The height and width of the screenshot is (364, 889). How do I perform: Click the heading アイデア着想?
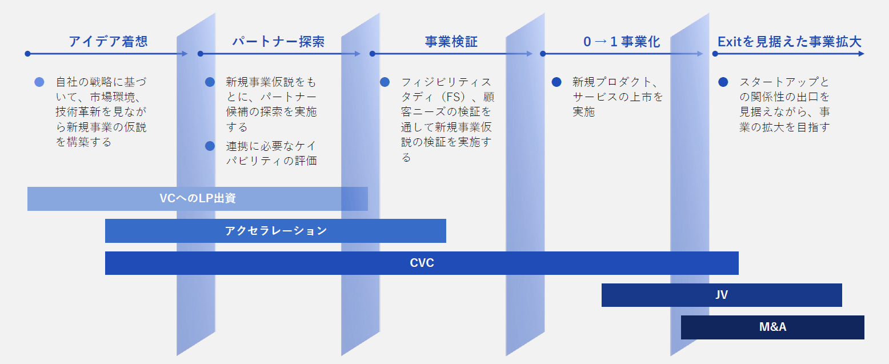pos(108,41)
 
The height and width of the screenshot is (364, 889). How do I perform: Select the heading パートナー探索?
pos(278,41)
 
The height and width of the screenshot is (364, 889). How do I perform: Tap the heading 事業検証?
pos(451,41)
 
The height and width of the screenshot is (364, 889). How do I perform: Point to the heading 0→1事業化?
pos(622,41)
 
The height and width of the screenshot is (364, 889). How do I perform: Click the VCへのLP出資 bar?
pos(198,199)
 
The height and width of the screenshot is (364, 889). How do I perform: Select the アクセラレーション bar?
pos(275,231)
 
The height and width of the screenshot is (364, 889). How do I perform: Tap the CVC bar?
pos(422,263)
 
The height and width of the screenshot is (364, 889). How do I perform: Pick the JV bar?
pos(722,295)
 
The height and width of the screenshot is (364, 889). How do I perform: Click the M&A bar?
pos(772,327)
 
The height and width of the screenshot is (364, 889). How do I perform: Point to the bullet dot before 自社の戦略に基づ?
pos(39,82)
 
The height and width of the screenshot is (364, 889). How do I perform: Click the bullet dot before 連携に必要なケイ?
pos(210,146)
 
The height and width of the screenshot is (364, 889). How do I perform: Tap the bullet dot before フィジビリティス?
pos(385,82)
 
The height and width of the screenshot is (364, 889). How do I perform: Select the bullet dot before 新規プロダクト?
pos(556,82)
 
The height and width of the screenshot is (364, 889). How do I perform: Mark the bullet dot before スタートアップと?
pos(723,82)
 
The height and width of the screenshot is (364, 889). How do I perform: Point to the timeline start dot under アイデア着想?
pos(27,54)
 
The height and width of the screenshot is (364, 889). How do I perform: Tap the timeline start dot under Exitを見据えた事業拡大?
pos(715,54)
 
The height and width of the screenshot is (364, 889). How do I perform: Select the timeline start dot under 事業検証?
pos(372,54)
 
